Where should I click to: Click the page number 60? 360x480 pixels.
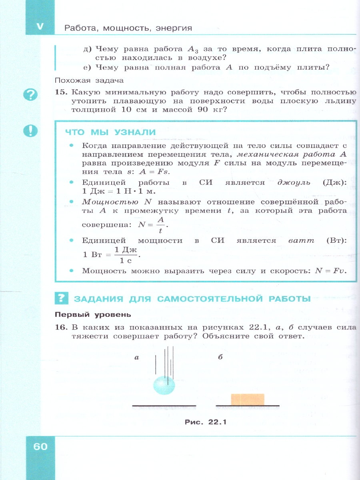point(40,446)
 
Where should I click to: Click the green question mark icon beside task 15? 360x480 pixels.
point(31,95)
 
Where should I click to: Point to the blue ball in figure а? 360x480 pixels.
point(164,385)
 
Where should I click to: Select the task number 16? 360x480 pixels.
point(60,328)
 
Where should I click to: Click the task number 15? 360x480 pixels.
point(60,92)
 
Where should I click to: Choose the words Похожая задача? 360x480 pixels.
point(83,80)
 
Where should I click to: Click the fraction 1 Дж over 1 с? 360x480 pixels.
point(126,254)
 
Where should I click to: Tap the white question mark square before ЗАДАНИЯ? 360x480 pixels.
point(61,298)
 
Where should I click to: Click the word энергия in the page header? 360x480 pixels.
point(173,28)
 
